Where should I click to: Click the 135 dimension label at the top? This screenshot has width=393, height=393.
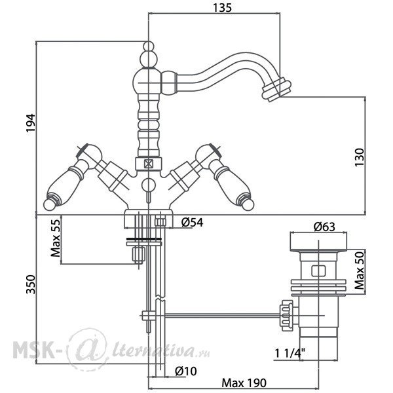[222, 7]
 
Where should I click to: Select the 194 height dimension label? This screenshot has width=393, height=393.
[31, 122]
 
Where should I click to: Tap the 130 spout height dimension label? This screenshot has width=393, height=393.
[359, 157]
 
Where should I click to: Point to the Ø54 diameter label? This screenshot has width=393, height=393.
[192, 222]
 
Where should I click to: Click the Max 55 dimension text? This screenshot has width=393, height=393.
[56, 238]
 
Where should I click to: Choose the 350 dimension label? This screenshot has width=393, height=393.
[31, 284]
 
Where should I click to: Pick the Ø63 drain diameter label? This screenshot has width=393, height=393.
[324, 227]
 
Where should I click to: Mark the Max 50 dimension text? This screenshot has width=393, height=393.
[360, 271]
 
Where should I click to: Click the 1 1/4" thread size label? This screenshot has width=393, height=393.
[290, 354]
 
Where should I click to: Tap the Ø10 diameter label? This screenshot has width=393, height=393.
[186, 371]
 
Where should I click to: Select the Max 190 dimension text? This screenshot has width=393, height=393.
[244, 383]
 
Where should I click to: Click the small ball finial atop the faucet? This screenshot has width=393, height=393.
[149, 47]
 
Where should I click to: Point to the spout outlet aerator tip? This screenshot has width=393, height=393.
[276, 90]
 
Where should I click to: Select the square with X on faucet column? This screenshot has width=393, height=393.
[149, 164]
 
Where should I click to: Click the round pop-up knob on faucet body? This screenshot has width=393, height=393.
[149, 185]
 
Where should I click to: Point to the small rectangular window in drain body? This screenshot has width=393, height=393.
[318, 271]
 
